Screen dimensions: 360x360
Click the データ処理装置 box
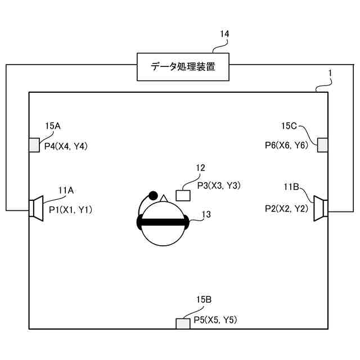pyautogui.click(x=183, y=67)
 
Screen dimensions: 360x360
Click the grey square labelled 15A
pyautogui.click(x=34, y=145)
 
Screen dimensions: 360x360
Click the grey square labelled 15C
pyautogui.click(x=323, y=145)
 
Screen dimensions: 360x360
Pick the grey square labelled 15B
pyautogui.click(x=183, y=323)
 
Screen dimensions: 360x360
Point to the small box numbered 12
pyautogui.click(x=183, y=195)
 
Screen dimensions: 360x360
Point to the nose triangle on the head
pyautogui.click(x=164, y=198)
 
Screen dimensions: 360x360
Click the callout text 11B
pyautogui.click(x=292, y=186)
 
